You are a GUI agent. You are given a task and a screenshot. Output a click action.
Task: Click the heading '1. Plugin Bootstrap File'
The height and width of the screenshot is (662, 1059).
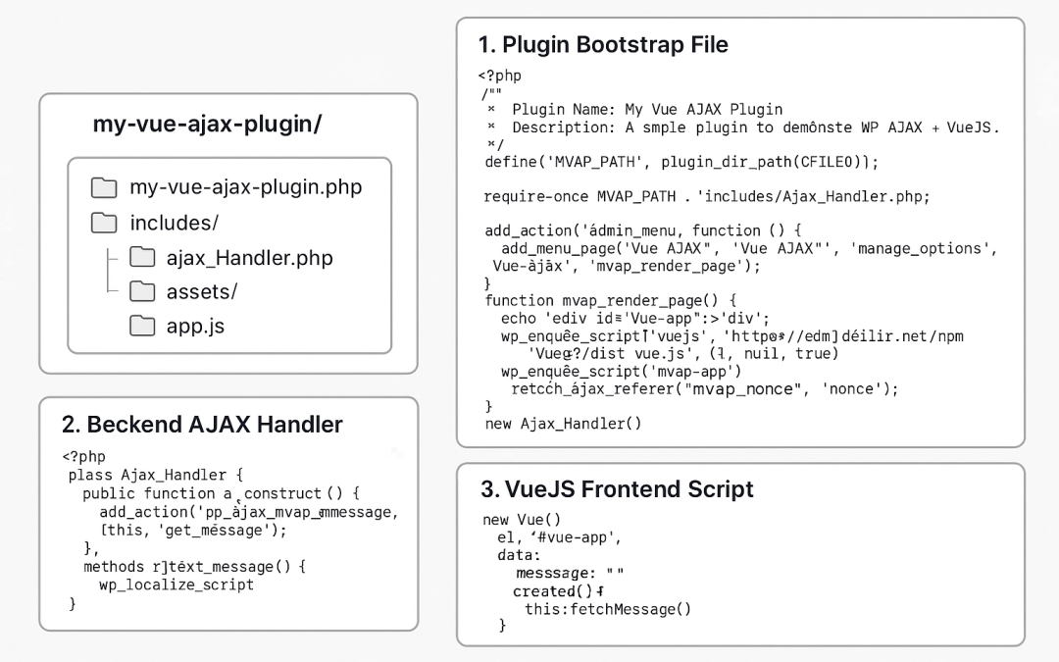[603, 45]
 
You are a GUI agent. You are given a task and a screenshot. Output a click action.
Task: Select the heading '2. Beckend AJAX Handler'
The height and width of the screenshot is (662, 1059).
[202, 425]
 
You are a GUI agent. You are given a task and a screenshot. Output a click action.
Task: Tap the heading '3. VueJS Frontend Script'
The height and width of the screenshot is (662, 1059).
[617, 489]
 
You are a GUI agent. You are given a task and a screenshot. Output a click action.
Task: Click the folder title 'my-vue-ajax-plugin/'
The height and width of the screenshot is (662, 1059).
[207, 125]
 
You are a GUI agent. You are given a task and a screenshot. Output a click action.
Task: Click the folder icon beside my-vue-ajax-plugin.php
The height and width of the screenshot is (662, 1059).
[103, 187]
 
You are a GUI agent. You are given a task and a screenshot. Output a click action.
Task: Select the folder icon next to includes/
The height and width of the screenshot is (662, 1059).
[103, 224]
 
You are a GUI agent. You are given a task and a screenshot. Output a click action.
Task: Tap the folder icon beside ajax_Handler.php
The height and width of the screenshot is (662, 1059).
[143, 258]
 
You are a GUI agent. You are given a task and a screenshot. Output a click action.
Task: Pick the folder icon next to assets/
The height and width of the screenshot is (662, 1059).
[143, 291]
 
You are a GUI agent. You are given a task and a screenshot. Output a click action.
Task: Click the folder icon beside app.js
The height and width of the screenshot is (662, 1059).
[143, 326]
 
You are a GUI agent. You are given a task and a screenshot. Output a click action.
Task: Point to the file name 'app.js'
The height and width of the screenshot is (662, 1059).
[195, 327]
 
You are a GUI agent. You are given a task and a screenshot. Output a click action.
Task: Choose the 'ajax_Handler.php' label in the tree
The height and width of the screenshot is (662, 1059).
[249, 259]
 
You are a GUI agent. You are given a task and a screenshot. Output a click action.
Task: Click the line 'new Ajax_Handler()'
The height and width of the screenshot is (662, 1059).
[563, 424]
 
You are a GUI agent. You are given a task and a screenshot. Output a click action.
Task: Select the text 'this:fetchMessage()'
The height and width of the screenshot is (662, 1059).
[608, 609]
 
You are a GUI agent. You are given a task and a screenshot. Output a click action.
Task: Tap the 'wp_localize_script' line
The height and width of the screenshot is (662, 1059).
[176, 585]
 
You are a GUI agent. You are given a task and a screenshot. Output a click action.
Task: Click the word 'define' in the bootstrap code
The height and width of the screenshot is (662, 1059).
[510, 161]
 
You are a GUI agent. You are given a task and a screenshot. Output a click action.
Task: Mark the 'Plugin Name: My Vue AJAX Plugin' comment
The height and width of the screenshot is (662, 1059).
[647, 109]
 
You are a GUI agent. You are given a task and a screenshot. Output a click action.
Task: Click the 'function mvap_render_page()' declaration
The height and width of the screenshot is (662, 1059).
[610, 300]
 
